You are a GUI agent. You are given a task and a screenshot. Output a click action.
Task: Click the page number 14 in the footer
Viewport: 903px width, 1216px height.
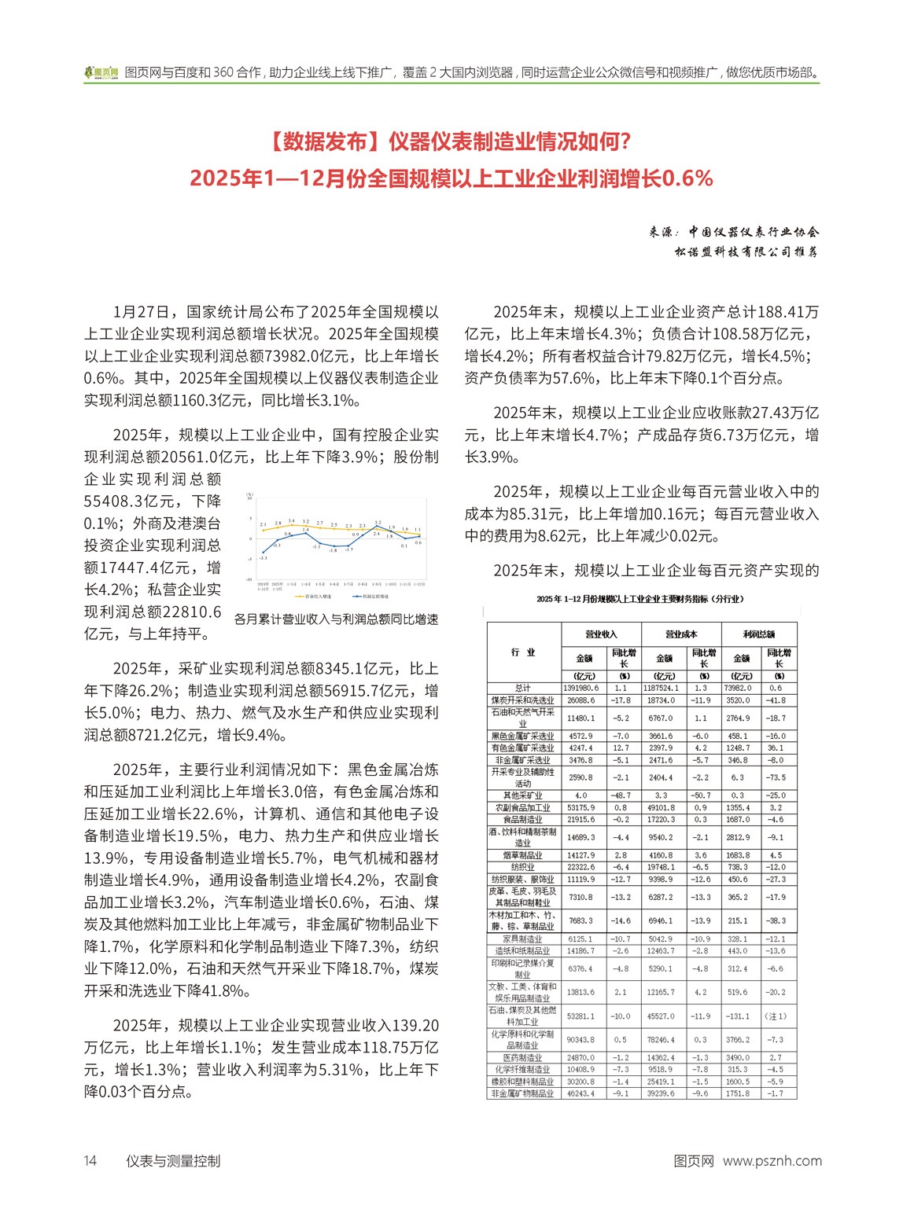(90, 1161)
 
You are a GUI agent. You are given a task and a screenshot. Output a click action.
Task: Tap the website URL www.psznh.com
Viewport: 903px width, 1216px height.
(772, 1161)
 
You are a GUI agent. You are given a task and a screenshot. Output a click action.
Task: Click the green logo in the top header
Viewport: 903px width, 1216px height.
(101, 72)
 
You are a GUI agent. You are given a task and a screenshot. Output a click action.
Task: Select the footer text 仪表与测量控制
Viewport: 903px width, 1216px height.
(173, 1161)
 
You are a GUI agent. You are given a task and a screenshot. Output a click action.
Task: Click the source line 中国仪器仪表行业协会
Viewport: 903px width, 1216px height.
(754, 232)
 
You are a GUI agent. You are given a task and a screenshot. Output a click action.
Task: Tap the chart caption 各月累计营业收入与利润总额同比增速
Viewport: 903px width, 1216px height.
(336, 619)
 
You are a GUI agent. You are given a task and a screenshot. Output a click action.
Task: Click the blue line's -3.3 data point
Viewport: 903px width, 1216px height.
(263, 553)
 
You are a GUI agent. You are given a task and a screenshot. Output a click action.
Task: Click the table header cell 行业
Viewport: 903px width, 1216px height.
(523, 652)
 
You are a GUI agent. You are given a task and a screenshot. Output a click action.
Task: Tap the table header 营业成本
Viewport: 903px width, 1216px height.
(680, 634)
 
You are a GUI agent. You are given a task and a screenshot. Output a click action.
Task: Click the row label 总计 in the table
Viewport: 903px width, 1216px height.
(523, 688)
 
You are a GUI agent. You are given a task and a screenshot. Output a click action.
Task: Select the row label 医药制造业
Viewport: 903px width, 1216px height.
(523, 1057)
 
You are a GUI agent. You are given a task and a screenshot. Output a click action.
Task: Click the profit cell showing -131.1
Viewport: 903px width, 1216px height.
(740, 1016)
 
